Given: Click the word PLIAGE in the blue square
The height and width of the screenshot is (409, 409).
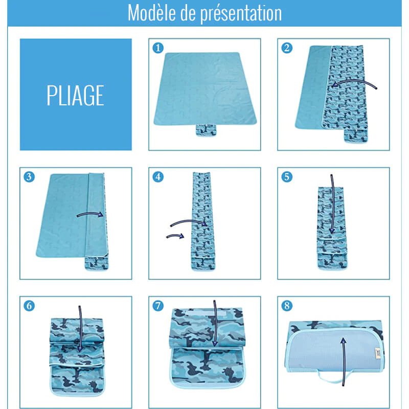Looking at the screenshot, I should [76, 95].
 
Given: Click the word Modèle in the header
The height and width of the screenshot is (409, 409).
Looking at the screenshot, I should [150, 13].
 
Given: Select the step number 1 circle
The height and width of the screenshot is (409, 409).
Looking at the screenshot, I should [158, 48].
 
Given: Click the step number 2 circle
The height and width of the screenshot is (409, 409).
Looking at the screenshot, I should [287, 48].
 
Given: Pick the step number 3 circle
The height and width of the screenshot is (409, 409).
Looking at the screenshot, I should [30, 177].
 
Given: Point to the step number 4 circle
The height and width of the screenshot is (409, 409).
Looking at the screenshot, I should [158, 177].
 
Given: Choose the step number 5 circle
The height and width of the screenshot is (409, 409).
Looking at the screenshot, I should [287, 177].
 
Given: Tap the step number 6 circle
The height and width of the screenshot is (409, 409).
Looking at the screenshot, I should [30, 306].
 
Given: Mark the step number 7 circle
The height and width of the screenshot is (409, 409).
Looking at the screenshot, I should [158, 306].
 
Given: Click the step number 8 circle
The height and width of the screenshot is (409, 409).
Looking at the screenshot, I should [287, 306].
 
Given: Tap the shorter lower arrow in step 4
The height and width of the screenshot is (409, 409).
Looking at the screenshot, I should [175, 236].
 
